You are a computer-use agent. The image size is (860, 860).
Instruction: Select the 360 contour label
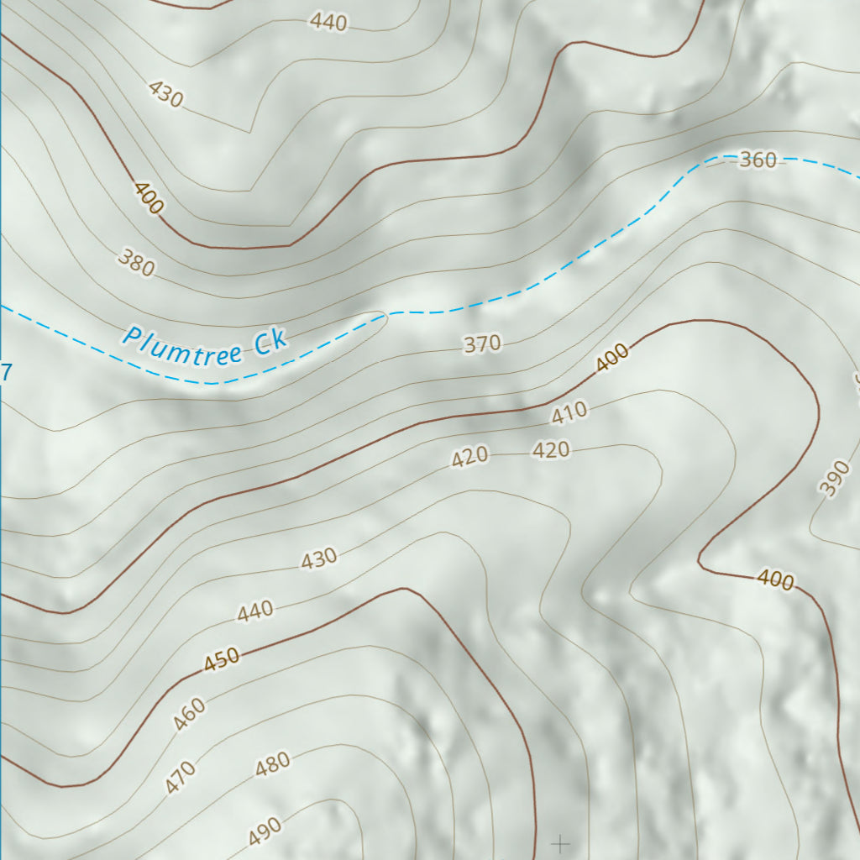coord(758,160)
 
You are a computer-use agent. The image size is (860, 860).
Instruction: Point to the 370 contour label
coord(482,343)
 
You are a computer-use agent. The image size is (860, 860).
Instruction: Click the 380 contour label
coord(137,264)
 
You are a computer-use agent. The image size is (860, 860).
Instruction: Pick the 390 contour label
coord(834,478)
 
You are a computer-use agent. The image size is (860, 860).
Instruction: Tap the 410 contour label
coord(569,412)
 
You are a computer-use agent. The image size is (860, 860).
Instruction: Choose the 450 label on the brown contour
coord(222,660)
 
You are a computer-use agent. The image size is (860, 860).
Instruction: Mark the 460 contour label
coord(189,715)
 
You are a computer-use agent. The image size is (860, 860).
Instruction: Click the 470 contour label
coord(181,777)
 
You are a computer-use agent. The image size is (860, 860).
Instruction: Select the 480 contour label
coord(272,763)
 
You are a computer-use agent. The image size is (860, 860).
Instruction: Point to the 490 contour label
coord(265,831)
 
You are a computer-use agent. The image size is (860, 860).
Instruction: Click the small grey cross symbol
coord(560,842)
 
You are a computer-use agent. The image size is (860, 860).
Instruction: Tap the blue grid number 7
coord(7,371)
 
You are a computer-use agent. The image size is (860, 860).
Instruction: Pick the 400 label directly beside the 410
coord(612,359)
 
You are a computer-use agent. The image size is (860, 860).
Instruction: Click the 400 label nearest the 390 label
coord(775,579)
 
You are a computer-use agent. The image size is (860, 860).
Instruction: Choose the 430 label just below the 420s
coord(319,558)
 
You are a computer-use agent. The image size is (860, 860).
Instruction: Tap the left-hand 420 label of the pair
coord(469,457)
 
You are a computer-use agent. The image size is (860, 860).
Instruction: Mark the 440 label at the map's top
coord(328,23)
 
